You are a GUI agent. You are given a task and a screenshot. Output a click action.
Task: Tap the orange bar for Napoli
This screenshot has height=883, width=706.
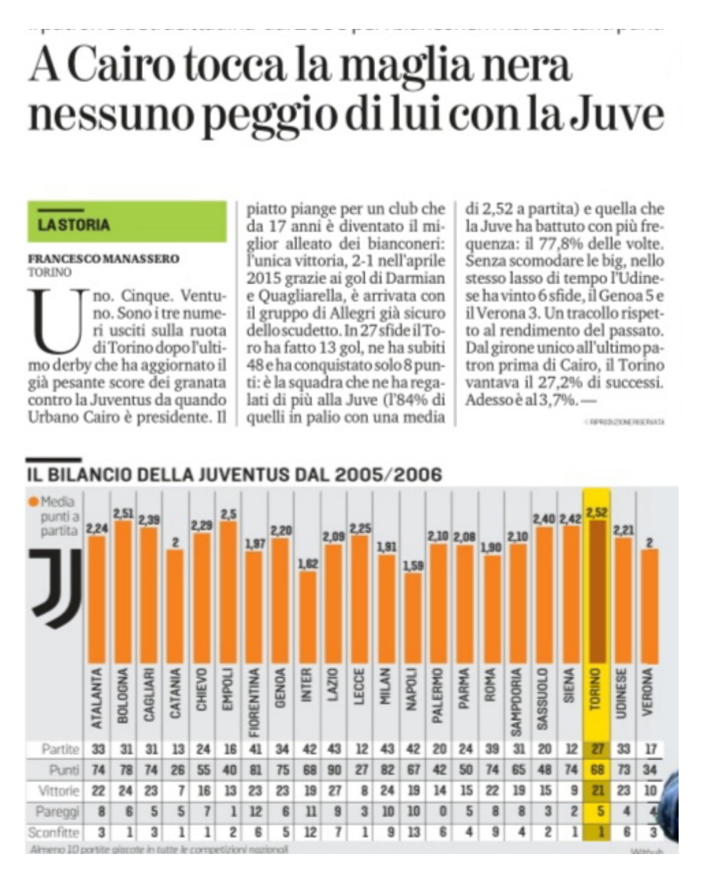[412, 618]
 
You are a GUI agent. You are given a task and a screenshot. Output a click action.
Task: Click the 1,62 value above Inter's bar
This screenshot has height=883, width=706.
[307, 564]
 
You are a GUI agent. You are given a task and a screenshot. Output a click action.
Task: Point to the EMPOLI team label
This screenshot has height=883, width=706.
[228, 690]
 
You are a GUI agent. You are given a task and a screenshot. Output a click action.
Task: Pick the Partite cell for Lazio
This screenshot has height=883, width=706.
[332, 749]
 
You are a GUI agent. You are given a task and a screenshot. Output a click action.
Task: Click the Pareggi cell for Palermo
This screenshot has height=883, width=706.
[439, 811]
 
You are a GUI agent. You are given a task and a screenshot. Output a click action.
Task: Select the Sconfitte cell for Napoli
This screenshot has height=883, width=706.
[412, 833]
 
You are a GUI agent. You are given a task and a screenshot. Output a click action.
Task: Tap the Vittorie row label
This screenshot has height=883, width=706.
[59, 791]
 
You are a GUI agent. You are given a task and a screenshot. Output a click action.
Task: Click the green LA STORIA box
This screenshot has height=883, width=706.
[127, 222]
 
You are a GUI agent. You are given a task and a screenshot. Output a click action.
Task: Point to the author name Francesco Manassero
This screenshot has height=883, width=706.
[103, 259]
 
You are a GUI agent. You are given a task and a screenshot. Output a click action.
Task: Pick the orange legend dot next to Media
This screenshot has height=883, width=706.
[33, 502]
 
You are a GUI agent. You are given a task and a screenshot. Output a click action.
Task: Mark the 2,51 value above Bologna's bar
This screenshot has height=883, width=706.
[123, 513]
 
